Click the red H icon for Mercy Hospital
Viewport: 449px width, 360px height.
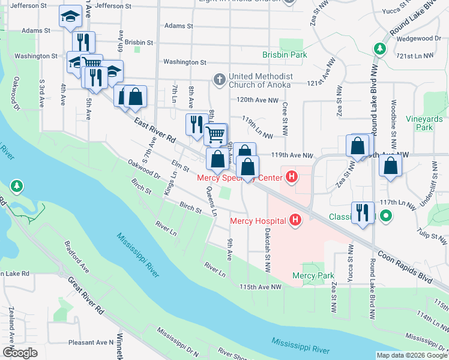point(295,221)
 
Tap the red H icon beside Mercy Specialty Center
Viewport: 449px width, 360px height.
point(292,177)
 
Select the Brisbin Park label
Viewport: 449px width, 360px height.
point(285,55)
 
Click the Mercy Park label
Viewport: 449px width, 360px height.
point(313,275)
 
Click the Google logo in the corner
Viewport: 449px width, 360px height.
point(20,353)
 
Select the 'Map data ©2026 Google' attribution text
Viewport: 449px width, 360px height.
point(411,355)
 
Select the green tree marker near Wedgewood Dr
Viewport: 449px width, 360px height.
point(379,48)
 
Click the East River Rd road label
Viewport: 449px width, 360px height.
point(154,130)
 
